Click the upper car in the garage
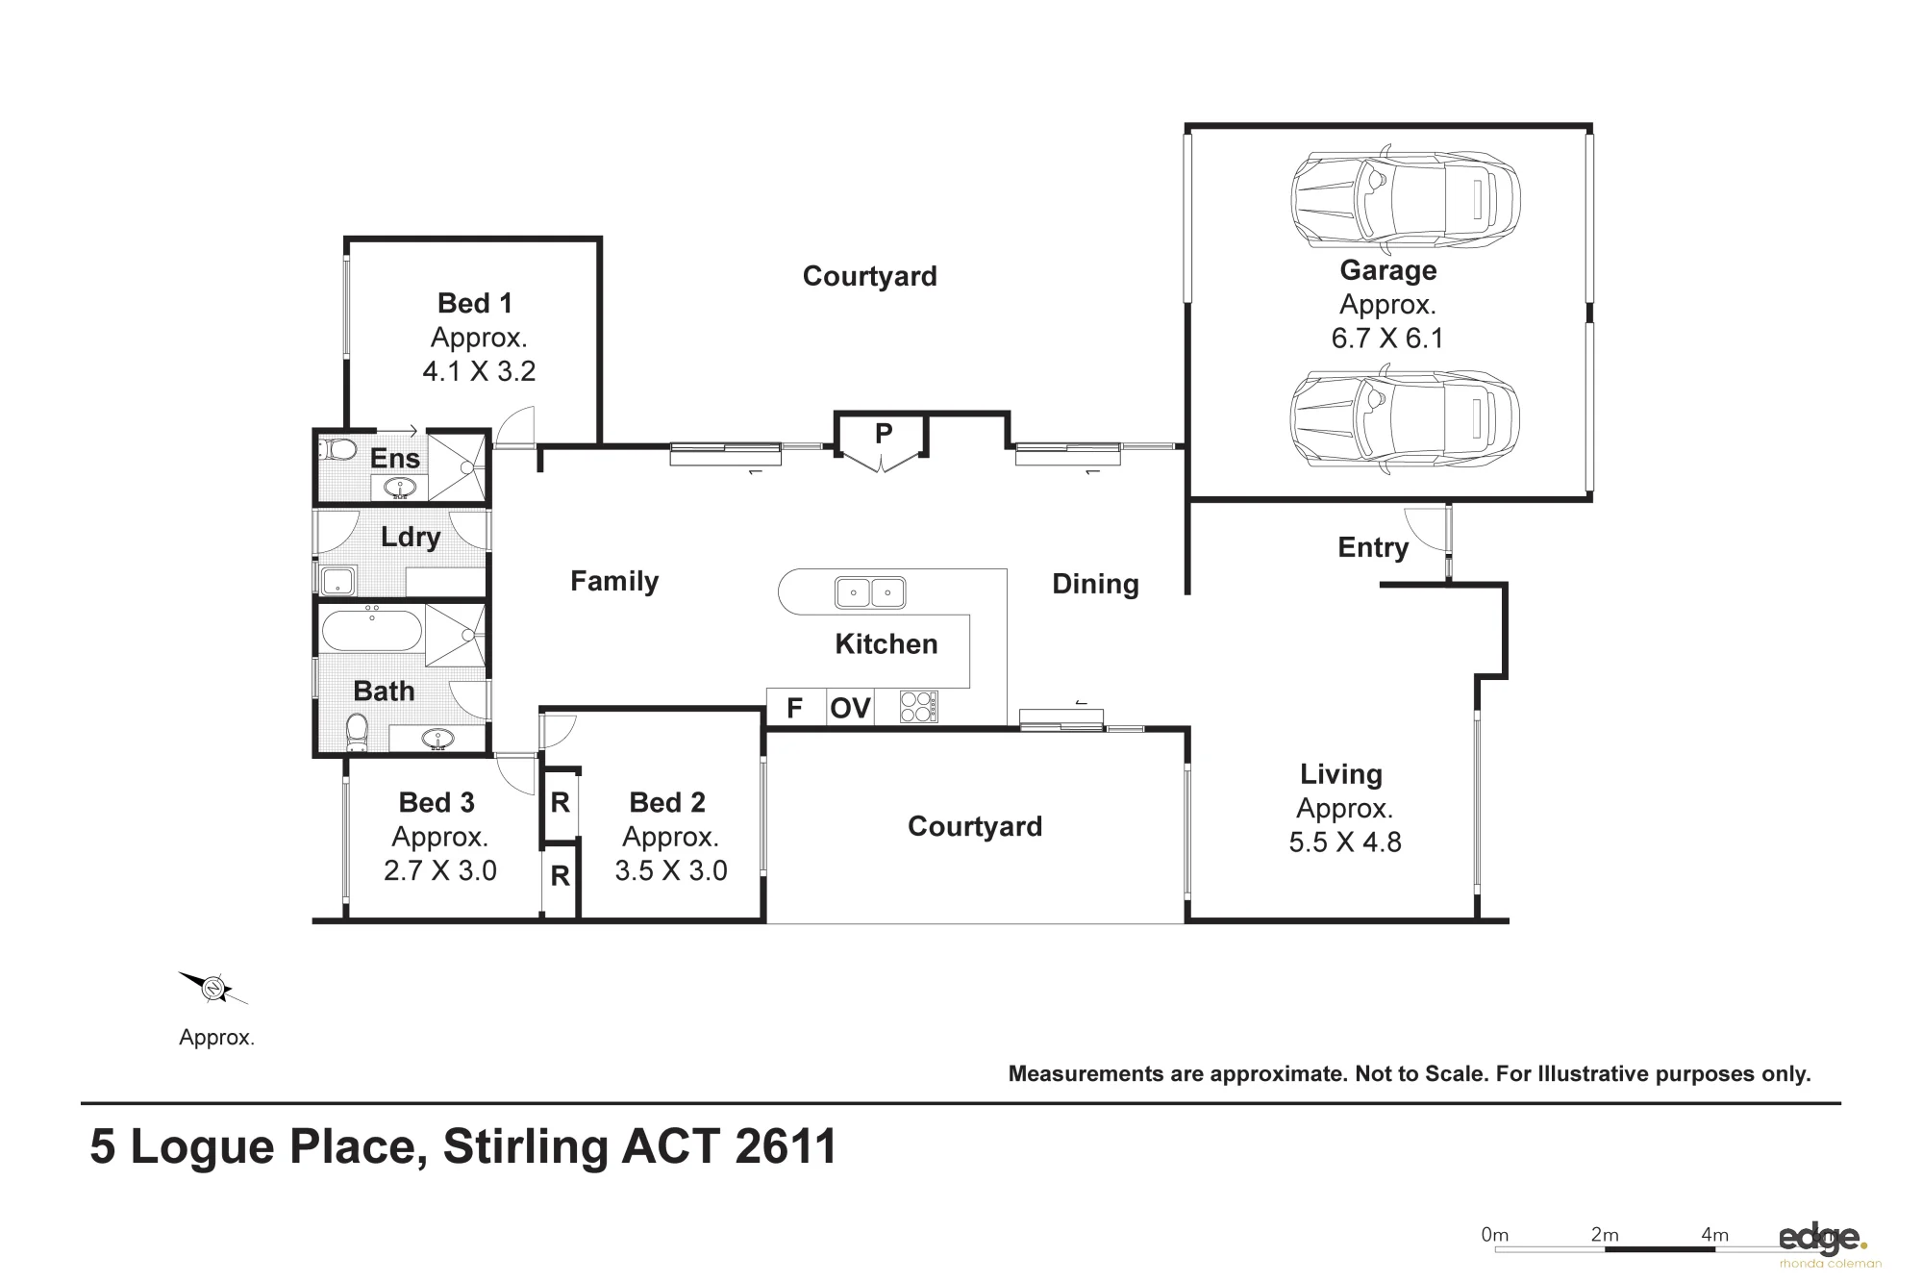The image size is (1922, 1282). click(x=1405, y=197)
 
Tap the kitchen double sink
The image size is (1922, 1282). click(x=870, y=592)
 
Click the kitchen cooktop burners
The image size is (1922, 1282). click(x=918, y=707)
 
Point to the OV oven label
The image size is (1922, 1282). click(x=850, y=709)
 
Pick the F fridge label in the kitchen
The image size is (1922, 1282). click(x=794, y=709)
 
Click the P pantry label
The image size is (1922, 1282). click(x=883, y=434)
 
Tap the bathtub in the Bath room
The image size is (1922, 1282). click(x=371, y=632)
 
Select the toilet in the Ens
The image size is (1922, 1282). click(x=337, y=449)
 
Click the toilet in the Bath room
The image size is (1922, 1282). click(x=357, y=732)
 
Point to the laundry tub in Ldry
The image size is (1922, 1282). click(x=337, y=581)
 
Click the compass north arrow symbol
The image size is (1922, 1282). click(x=213, y=988)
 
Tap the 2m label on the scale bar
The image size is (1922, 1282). click(x=1605, y=1235)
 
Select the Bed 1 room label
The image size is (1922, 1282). click(x=475, y=303)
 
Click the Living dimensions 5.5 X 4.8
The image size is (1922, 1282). click(x=1345, y=842)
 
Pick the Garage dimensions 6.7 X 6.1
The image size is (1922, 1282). click(x=1387, y=339)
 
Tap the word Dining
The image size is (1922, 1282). click(x=1095, y=584)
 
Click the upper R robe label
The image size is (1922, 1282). click(x=560, y=802)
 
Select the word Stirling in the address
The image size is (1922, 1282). click(x=526, y=1147)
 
